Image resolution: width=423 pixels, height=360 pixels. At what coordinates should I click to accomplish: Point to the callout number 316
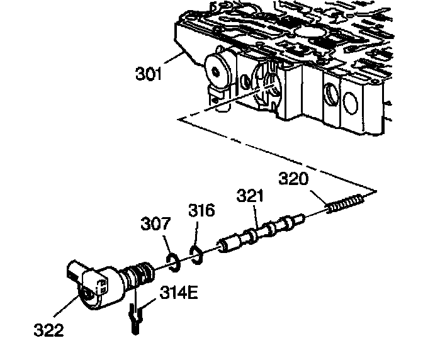coord(201,210)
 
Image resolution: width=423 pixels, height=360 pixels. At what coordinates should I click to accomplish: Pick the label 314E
coord(179,294)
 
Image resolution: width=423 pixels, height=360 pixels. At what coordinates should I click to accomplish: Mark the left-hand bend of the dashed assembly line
coord(179,118)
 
